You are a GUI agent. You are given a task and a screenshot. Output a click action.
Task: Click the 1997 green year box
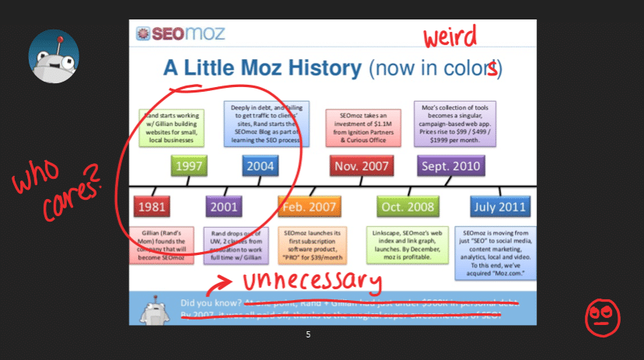point(190,166)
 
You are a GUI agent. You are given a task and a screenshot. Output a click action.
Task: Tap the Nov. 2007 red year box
point(362,166)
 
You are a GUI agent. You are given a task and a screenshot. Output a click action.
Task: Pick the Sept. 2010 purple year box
point(451,166)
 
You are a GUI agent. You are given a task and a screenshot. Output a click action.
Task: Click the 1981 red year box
point(152,208)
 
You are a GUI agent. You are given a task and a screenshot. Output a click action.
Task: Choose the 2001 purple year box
point(223,208)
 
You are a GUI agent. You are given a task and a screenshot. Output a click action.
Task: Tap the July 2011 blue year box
point(500,208)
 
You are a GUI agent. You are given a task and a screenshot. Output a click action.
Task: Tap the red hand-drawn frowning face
point(599,316)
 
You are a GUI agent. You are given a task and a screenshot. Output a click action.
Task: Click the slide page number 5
point(308,334)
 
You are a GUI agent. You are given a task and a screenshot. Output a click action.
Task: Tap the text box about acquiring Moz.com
point(495,252)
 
